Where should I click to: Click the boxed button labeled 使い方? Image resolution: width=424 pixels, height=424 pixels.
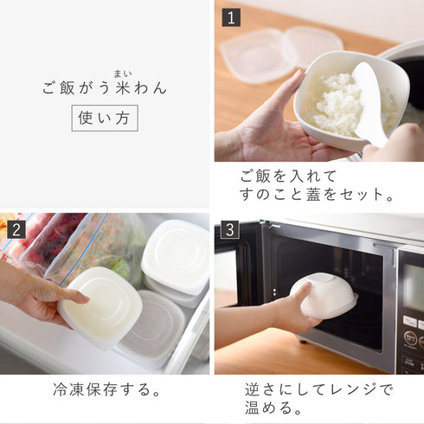105,118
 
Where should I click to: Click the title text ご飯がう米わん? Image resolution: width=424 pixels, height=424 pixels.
105,87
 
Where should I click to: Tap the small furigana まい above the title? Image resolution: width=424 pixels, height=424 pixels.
122,73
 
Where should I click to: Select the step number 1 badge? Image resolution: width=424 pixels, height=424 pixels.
230,17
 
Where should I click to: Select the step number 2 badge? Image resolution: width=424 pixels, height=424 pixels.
16,229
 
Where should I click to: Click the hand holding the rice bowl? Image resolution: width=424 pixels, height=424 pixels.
260,130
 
